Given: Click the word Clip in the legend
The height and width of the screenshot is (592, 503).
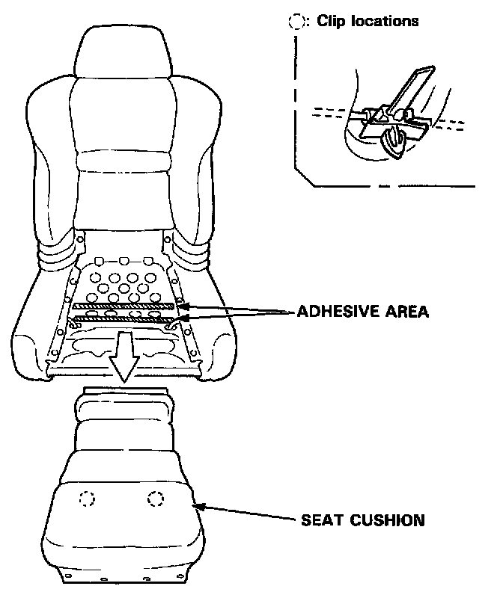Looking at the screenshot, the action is [x=332, y=22].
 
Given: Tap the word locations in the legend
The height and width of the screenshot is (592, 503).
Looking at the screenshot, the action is [x=383, y=22].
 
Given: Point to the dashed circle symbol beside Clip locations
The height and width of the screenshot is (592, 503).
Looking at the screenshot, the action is [x=293, y=22].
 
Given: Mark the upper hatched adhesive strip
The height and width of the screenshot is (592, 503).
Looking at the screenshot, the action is [x=124, y=306].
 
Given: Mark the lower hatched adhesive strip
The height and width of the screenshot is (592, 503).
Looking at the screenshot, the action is [x=124, y=321].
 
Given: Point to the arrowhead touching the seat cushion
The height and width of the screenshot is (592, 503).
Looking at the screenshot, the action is [x=199, y=506].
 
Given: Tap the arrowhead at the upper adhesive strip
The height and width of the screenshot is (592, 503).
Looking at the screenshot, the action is [x=181, y=306].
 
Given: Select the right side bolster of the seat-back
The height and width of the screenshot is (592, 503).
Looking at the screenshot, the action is [x=204, y=172].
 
